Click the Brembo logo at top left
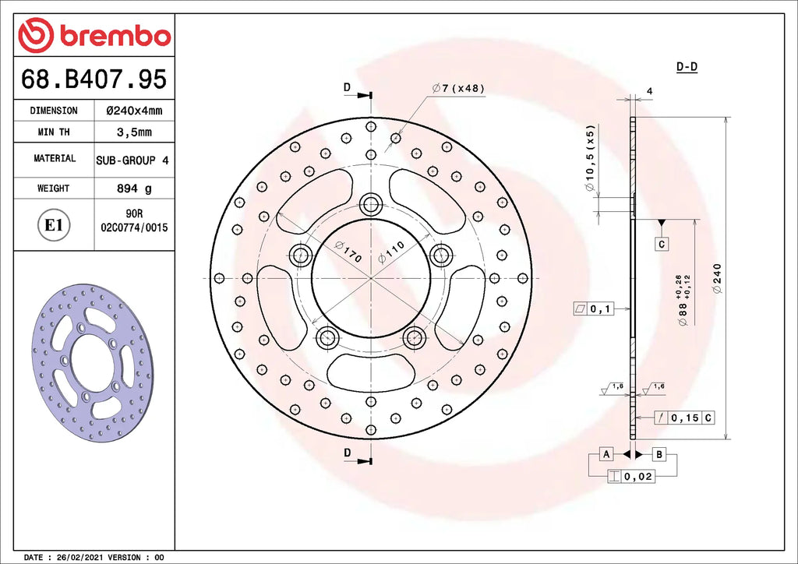pos(94,34)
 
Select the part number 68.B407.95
pos(94,79)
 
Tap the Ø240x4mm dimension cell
pos(134,111)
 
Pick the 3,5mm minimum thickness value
pos(134,132)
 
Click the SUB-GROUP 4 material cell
pos(132,160)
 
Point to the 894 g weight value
pos(134,189)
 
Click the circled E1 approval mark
pos(54,225)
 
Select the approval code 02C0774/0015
pos(134,227)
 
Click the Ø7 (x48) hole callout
pos(458,88)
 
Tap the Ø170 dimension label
pos(348,252)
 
